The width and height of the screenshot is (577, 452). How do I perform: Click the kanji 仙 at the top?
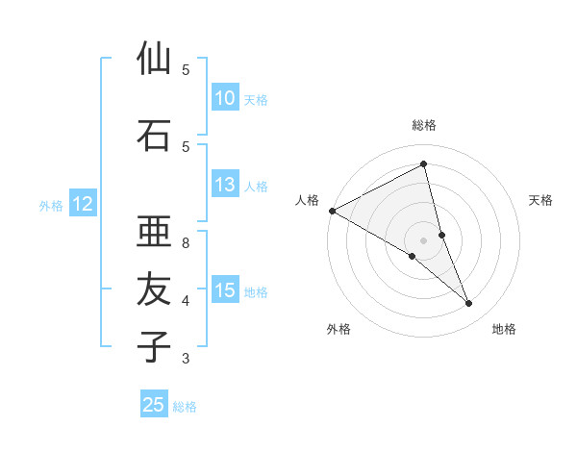(x=154, y=60)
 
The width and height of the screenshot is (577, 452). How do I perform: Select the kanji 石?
(x=154, y=135)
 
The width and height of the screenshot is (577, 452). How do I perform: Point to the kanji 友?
(x=154, y=289)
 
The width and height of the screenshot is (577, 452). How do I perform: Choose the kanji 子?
(x=154, y=346)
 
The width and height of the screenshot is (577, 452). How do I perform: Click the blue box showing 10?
(x=224, y=98)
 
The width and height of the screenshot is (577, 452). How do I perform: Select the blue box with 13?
(x=224, y=186)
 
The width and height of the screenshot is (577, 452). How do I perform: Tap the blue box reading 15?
(x=224, y=291)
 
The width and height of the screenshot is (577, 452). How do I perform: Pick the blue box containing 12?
(x=83, y=204)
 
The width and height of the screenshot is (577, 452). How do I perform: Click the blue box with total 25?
(x=154, y=405)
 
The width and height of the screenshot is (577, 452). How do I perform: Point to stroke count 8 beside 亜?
(x=186, y=243)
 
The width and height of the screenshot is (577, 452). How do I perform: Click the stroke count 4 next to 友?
(x=186, y=301)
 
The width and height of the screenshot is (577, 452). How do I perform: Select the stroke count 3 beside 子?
(x=186, y=359)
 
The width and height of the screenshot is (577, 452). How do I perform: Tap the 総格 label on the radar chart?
(x=424, y=125)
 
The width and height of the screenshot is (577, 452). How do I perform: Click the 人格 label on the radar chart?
(x=307, y=200)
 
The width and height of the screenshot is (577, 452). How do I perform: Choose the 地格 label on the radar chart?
(x=504, y=329)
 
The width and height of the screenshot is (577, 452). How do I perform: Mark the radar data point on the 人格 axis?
(x=332, y=211)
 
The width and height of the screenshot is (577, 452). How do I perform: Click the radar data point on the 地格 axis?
(x=469, y=303)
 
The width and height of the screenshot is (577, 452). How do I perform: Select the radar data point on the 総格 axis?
(x=424, y=164)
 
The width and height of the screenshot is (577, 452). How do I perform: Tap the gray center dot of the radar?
(x=424, y=239)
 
